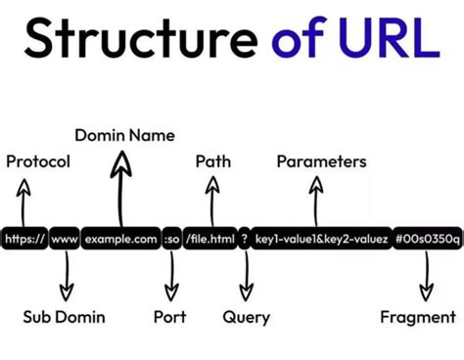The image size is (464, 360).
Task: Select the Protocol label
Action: [38, 161]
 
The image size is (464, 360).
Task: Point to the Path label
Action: [213, 161]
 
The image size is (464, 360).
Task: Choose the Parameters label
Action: [321, 161]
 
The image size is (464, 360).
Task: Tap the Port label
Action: [170, 317]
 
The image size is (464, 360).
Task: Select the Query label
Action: [247, 317]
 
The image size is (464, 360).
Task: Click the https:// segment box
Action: [24, 239]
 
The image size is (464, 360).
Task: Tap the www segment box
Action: [65, 239]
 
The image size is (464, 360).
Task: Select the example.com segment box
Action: [120, 239]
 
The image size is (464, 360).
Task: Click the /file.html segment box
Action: [209, 239]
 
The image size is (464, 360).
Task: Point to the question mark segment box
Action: [245, 239]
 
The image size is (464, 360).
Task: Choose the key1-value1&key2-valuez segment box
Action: [322, 239]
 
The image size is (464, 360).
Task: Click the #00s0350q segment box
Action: [428, 239]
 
